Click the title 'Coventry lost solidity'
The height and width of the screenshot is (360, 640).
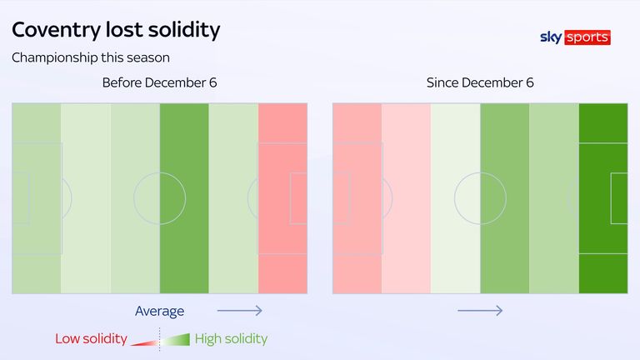click(x=116, y=31)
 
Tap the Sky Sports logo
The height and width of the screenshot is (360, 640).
click(x=575, y=37)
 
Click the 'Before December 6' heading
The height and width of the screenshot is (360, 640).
click(x=153, y=83)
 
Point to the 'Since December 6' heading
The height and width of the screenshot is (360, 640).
click(x=480, y=83)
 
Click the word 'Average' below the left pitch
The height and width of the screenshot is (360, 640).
click(x=159, y=311)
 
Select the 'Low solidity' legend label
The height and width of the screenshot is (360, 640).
click(x=91, y=339)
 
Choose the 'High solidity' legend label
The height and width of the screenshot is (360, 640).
click(x=231, y=339)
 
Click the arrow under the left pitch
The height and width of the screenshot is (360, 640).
click(x=240, y=311)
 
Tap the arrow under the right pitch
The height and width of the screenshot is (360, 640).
click(x=480, y=311)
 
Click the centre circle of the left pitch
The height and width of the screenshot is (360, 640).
click(x=159, y=198)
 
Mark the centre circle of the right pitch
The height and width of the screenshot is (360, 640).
click(x=480, y=198)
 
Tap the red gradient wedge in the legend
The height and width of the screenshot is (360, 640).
click(x=144, y=341)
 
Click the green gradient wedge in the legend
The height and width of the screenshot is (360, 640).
click(x=178, y=339)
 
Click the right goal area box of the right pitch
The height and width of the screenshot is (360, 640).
click(x=618, y=198)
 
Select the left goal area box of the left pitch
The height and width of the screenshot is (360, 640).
click(x=22, y=198)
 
